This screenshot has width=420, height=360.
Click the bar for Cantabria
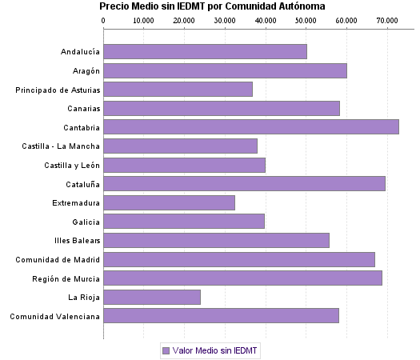point(251,127)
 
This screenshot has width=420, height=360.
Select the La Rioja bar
point(152,298)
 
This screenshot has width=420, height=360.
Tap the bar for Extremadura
point(170,203)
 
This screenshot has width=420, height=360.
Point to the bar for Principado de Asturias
point(178,90)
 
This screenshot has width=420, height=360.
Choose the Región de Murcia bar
point(243,278)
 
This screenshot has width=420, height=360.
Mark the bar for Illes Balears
point(217,241)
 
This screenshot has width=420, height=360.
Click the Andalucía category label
point(80,52)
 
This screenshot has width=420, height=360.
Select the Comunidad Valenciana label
point(54,317)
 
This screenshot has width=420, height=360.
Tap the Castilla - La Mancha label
point(62,146)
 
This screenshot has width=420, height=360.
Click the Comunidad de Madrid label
point(58,260)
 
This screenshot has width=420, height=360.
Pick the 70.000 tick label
point(387,21)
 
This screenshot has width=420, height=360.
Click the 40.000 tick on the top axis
point(265,21)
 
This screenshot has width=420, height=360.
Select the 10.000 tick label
point(143,21)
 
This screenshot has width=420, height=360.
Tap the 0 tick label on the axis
point(103,21)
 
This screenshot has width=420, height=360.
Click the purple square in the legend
point(166,350)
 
